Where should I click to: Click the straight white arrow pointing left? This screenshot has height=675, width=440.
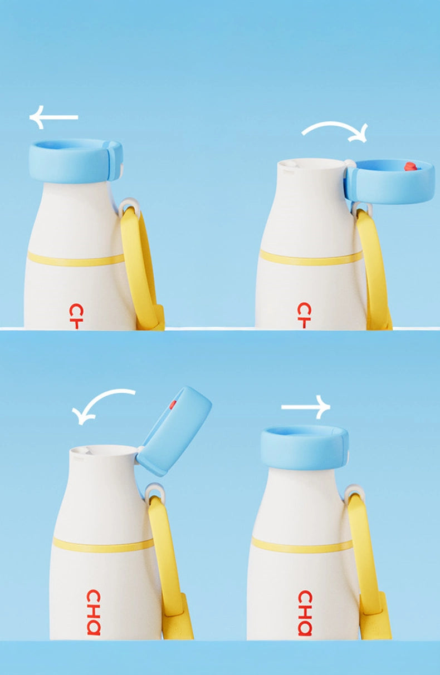(53, 117)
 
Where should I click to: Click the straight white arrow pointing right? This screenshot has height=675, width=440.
(306, 407)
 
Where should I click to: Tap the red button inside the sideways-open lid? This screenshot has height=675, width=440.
(410, 166)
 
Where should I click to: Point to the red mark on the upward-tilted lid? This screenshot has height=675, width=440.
(173, 404)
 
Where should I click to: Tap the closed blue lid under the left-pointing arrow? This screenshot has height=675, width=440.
(75, 161)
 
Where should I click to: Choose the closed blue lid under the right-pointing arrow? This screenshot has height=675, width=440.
(304, 447)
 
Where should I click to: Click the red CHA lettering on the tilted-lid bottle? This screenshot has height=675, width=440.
(94, 612)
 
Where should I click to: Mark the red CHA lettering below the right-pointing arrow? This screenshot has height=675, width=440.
(305, 612)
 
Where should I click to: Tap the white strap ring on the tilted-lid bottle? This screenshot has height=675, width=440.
(155, 491)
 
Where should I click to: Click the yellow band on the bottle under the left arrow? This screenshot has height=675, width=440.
(75, 259)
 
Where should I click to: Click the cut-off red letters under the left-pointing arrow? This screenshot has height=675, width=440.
(75, 316)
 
